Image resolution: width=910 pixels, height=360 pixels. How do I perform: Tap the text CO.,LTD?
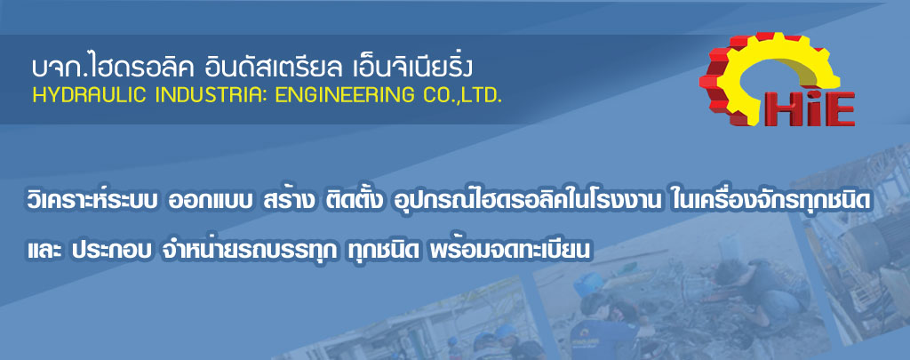coord(457,95)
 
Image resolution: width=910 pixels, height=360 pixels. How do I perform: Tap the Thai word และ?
coord(44,252)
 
